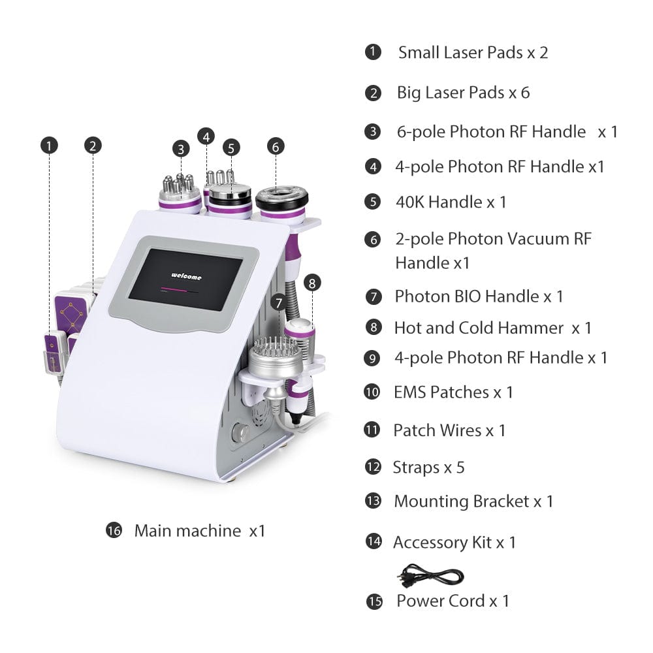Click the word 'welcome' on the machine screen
tap(186, 276)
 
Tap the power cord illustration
tap(430, 575)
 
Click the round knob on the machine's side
tap(240, 432)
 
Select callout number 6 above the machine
tap(276, 146)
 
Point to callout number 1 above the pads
tap(49, 146)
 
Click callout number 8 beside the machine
tap(312, 283)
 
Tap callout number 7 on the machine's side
tap(279, 303)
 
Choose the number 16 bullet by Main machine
tap(114, 530)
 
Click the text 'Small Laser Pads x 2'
tap(473, 52)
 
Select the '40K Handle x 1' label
tap(451, 202)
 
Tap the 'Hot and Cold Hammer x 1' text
tap(492, 328)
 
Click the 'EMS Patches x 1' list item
tap(453, 392)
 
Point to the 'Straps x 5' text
tap(428, 468)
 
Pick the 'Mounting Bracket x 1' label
tap(473, 501)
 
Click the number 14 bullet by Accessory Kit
tap(374, 541)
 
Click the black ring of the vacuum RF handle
tap(282, 199)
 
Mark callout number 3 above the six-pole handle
tap(181, 149)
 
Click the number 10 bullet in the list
tap(372, 392)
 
